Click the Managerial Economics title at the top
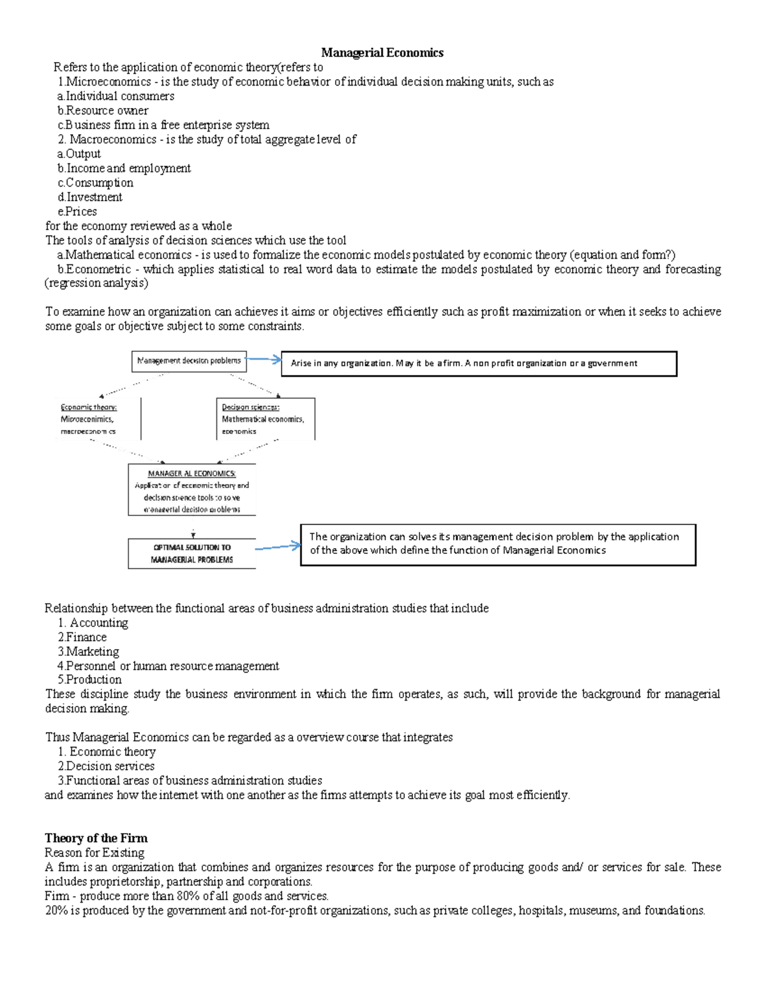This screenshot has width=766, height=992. [382, 53]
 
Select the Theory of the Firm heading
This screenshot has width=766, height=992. [96, 838]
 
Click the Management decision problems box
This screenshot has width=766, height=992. [189, 361]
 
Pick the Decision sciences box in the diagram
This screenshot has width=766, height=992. [265, 419]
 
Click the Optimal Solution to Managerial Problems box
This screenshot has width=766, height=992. [191, 553]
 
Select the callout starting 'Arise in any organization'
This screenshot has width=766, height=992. [479, 363]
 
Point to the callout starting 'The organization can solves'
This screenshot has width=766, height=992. [498, 544]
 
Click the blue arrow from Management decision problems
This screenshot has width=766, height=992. [264, 360]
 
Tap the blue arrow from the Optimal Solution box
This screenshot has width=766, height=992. [278, 547]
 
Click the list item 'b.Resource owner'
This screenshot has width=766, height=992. [103, 111]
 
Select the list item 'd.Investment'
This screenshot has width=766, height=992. [90, 197]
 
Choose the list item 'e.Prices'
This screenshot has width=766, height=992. [77, 211]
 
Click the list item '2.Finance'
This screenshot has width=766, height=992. [82, 637]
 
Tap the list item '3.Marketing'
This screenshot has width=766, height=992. [88, 652]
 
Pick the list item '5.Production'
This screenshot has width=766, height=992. [89, 680]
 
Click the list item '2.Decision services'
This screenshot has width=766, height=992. [106, 766]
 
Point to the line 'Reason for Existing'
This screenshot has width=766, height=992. [94, 853]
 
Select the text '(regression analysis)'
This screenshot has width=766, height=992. [96, 283]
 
